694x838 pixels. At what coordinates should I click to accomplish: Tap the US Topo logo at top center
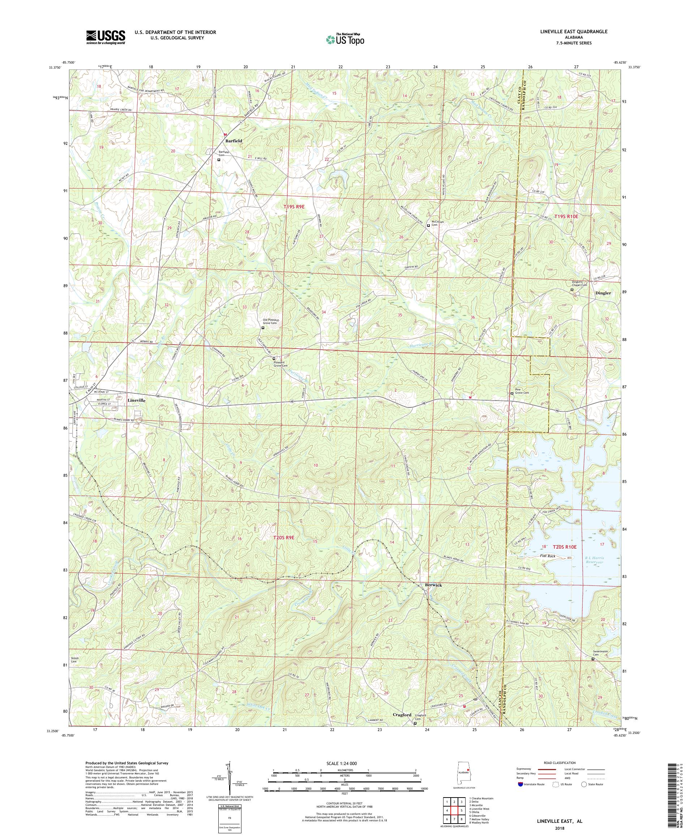point(346,39)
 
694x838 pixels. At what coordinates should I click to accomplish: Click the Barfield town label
point(233,141)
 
